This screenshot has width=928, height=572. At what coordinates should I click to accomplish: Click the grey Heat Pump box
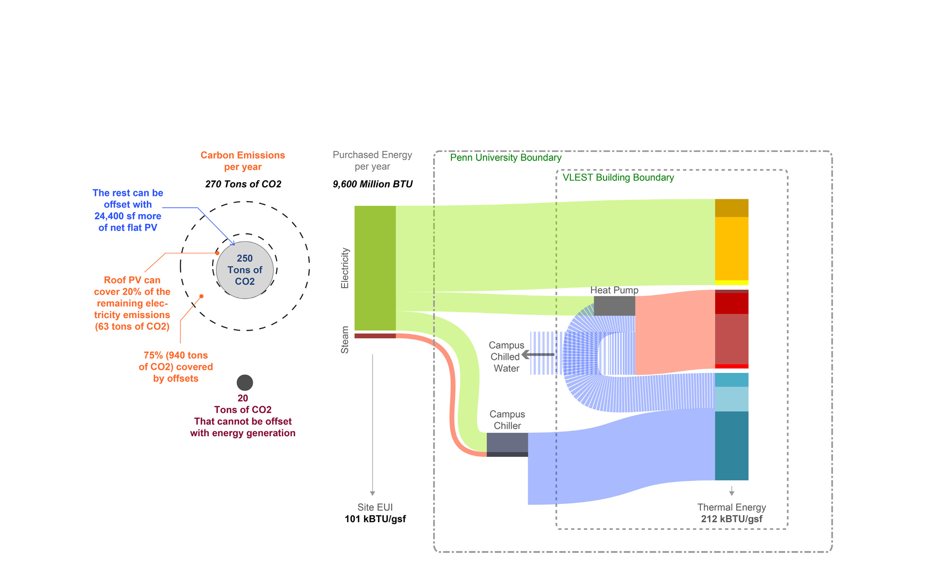point(614,306)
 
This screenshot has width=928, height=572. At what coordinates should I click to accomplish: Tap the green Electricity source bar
point(375,268)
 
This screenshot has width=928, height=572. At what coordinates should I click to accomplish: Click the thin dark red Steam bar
point(375,336)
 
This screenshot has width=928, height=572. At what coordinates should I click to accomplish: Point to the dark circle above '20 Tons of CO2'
point(245,382)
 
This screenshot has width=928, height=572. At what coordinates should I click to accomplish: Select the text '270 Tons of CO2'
point(243,184)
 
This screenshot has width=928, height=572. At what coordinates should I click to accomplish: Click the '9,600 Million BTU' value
point(373,184)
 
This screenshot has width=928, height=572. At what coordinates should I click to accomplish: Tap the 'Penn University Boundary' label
point(506,158)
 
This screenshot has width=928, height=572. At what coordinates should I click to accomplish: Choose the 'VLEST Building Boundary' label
point(618,177)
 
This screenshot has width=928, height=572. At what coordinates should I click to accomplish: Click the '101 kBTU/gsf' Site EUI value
point(375,519)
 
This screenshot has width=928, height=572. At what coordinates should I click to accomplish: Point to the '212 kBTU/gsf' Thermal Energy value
point(731,519)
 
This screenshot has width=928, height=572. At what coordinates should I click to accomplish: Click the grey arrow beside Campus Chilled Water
point(538,355)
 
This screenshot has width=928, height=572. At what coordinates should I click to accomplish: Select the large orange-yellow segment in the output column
point(731,249)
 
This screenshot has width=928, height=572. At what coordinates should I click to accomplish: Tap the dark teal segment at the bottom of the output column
point(731,445)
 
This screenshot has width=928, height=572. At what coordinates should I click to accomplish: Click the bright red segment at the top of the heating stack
point(731,303)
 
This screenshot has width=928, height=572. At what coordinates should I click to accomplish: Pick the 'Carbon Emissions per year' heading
point(243,161)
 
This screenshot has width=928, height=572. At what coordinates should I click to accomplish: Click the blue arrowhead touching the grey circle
point(233,243)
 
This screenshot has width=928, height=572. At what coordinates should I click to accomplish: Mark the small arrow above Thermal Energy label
point(732,492)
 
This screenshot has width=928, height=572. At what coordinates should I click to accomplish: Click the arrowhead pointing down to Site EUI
point(373,493)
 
